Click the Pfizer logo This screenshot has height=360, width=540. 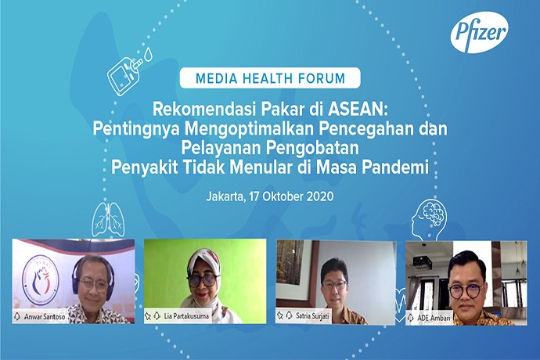point(480,32)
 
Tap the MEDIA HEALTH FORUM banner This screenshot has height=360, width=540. point(270,77)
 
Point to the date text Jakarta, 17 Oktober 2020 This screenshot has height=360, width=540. point(270,196)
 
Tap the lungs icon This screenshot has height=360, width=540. point(107,220)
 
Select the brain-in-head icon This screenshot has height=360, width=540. point(429,219)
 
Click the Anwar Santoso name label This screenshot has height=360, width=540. point(45,316)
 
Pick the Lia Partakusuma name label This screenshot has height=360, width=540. point(186,315)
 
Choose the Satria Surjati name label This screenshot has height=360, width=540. point(312,315)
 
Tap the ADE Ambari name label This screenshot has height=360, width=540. point(434,318)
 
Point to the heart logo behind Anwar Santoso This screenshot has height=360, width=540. point(40,280)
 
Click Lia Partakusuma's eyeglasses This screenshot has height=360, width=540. point(203,279)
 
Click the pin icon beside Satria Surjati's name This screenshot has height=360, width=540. point(281,315)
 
